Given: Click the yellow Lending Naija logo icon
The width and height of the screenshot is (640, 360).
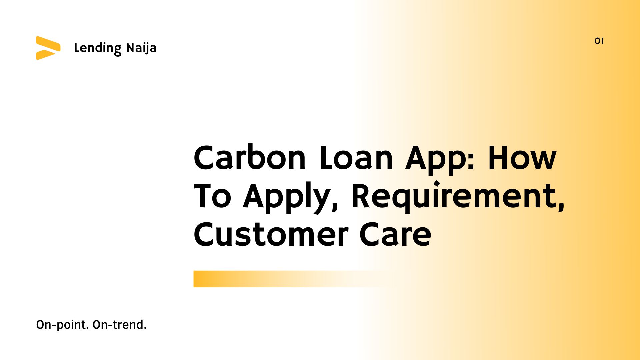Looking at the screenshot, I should [48, 48].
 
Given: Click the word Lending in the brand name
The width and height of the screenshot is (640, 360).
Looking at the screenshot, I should [98, 48].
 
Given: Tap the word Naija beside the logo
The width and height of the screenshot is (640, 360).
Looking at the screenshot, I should [141, 48].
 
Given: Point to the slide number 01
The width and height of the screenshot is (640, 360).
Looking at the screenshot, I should [599, 41].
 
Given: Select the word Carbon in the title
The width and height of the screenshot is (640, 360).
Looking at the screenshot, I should [249, 158].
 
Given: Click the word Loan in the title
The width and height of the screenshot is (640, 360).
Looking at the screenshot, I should [356, 158].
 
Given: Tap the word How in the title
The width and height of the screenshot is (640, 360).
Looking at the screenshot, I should [522, 158].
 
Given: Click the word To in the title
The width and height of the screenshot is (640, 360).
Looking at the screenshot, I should [212, 197].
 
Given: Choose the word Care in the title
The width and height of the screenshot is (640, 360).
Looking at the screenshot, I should [395, 235].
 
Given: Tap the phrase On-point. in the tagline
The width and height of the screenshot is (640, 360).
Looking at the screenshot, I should [62, 325].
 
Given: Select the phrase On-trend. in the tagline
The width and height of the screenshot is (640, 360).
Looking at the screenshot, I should [119, 325].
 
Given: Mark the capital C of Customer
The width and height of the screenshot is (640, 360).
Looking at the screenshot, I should [205, 235].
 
